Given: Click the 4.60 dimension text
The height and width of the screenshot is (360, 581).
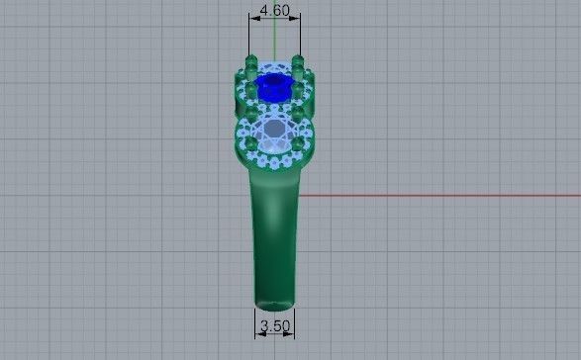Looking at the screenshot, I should (273, 11).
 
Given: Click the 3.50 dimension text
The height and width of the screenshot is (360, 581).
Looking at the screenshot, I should (274, 325).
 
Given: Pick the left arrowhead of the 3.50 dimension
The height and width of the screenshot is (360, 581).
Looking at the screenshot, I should (256, 333).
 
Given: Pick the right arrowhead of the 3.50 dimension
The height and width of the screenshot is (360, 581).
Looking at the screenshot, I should (293, 333).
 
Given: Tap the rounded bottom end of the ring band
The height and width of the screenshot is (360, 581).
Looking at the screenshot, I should (274, 303).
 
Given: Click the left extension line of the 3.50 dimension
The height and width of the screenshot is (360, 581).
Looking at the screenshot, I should (255, 321).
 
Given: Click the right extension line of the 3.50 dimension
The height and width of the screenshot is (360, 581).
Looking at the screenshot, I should (294, 321).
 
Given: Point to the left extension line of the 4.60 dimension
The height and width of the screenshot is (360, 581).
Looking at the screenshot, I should (249, 40).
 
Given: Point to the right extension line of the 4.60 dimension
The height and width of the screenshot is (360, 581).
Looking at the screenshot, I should (298, 40).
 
